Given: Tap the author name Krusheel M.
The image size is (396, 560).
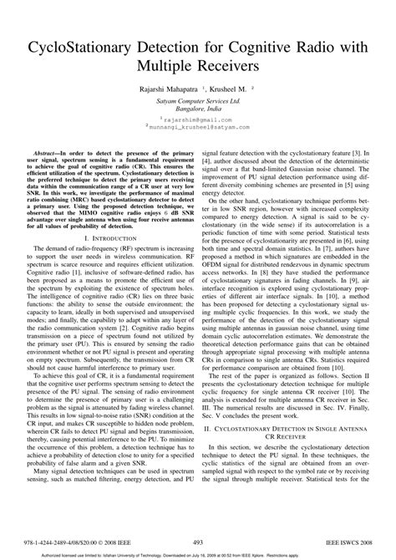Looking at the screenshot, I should (x=234, y=86).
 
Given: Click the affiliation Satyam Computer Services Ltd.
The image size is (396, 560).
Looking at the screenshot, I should (x=197, y=99).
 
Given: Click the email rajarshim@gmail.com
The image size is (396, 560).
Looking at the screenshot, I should (x=198, y=120).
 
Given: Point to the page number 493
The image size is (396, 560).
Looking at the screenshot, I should (x=198, y=542).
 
